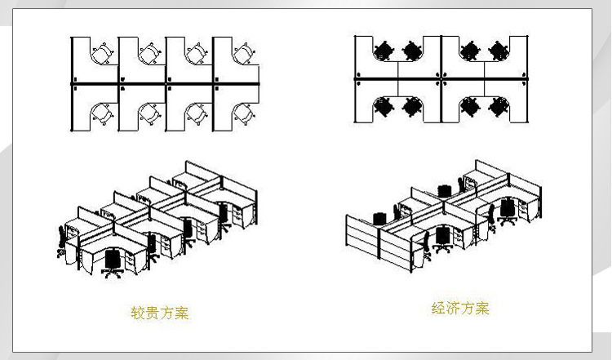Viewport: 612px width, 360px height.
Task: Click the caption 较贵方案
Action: click(159, 312)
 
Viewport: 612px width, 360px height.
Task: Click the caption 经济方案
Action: click(460, 309)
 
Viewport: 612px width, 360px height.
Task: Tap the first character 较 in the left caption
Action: click(137, 312)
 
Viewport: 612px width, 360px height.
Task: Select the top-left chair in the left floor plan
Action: click(102, 53)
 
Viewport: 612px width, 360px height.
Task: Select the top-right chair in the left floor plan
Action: click(241, 53)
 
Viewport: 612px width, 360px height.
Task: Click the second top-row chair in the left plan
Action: click(149, 53)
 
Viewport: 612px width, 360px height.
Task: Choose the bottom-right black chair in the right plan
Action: click(496, 106)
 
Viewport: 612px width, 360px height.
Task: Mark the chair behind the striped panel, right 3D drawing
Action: click(378, 218)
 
